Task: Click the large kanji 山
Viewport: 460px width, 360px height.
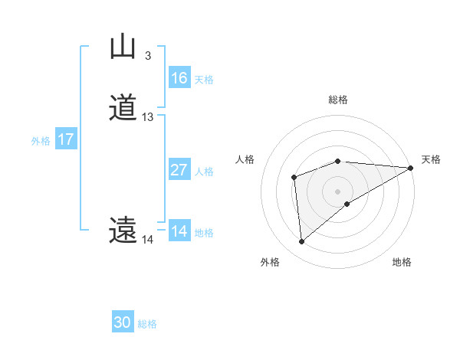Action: [123, 47]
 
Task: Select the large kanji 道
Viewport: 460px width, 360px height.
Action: [123, 108]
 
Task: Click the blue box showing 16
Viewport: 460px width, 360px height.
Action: [179, 78]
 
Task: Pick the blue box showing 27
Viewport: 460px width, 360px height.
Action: [179, 170]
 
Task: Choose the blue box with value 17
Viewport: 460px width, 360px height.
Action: [65, 139]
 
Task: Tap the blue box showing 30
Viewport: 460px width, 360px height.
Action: [122, 322]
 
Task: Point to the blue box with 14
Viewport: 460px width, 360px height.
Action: [179, 231]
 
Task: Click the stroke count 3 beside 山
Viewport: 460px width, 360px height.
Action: [147, 56]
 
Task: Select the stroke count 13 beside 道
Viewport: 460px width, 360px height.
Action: [148, 117]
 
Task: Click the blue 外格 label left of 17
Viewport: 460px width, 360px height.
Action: [41, 141]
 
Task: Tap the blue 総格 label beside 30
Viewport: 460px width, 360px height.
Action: [147, 325]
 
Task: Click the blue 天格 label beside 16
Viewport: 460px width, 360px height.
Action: [204, 80]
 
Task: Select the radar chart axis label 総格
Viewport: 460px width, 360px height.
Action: [338, 100]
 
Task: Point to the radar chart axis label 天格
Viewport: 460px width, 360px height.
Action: [431, 159]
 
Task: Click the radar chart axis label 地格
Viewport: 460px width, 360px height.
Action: [402, 263]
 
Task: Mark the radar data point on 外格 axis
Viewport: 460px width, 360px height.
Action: [302, 242]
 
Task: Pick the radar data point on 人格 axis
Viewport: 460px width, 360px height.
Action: [294, 178]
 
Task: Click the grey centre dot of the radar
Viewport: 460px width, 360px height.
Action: [338, 191]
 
